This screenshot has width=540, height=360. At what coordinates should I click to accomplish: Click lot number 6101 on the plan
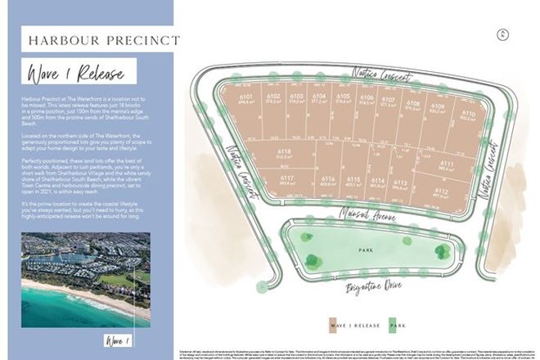(245, 99)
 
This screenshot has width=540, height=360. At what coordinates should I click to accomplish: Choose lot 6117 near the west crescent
(286, 179)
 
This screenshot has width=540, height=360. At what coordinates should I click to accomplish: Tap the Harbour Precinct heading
(104, 39)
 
